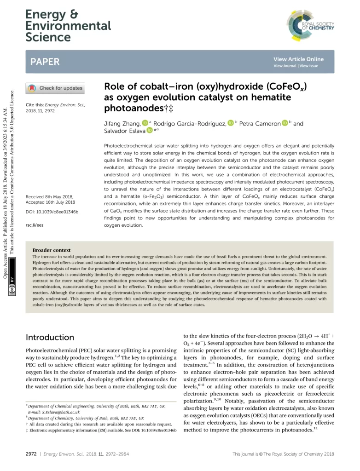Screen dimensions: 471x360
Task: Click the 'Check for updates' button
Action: (x=55, y=88)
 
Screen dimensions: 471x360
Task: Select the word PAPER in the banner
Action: (x=45, y=62)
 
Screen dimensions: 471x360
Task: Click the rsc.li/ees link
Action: (x=35, y=226)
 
